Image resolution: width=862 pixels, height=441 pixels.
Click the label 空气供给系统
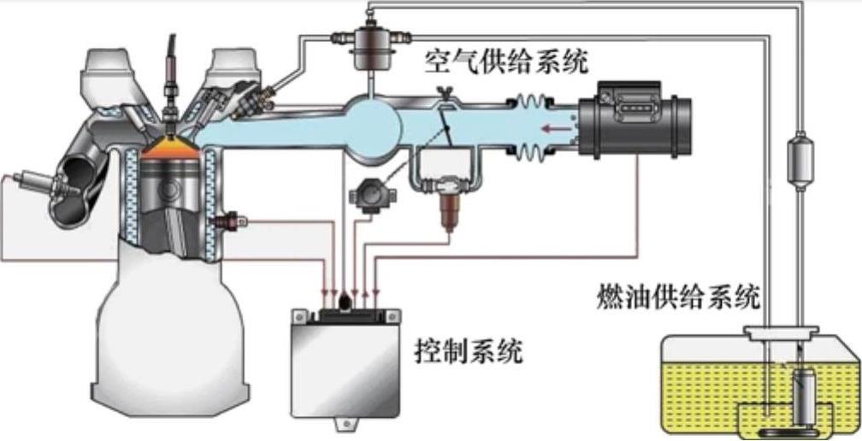[505, 62]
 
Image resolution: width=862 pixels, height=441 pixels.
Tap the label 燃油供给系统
[678, 297]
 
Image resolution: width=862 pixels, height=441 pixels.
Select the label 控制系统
[468, 351]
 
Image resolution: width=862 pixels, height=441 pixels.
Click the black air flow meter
[635, 119]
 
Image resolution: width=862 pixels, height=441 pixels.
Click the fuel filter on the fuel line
[800, 160]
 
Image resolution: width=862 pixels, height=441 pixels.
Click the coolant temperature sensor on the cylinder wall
[232, 222]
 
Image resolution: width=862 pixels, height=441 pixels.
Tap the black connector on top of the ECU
[346, 315]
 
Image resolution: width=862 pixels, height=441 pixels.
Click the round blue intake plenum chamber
[371, 126]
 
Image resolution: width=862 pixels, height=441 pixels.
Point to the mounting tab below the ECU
[345, 422]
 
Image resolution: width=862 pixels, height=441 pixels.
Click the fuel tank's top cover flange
[782, 332]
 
